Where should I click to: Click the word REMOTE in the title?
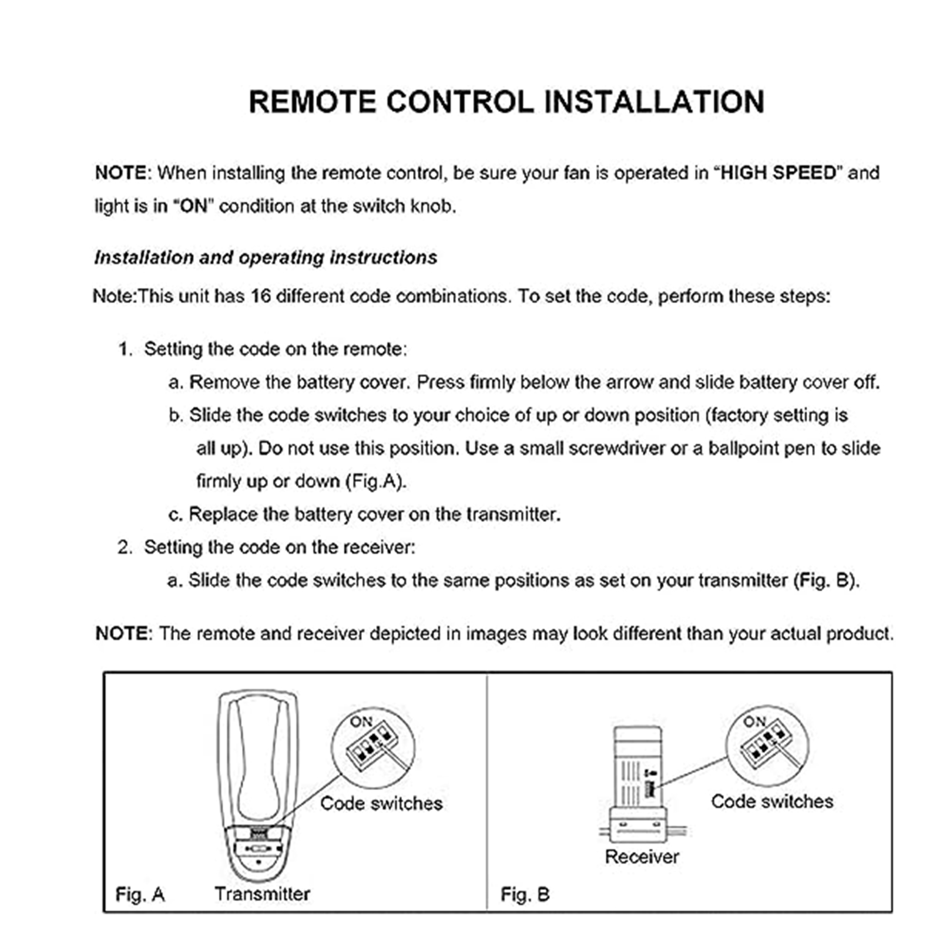pos(313,102)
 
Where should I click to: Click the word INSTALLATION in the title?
pos(654,102)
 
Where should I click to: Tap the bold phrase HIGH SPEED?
pos(778,173)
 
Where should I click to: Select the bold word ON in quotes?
pos(194,206)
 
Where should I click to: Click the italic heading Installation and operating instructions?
pos(266,257)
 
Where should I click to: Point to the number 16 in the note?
pos(260,296)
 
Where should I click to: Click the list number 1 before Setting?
pos(123,349)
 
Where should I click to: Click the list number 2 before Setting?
pos(124,548)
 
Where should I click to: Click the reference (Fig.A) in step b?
pos(375,481)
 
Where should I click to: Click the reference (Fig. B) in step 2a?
pos(826,580)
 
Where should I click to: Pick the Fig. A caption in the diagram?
pos(140,894)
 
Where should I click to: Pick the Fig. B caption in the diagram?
pos(525,894)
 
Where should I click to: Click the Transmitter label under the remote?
pos(262,894)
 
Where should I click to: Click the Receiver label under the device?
pos(642,857)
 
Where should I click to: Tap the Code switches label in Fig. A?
pos(381,803)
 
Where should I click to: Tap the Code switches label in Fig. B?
pos(772,801)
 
